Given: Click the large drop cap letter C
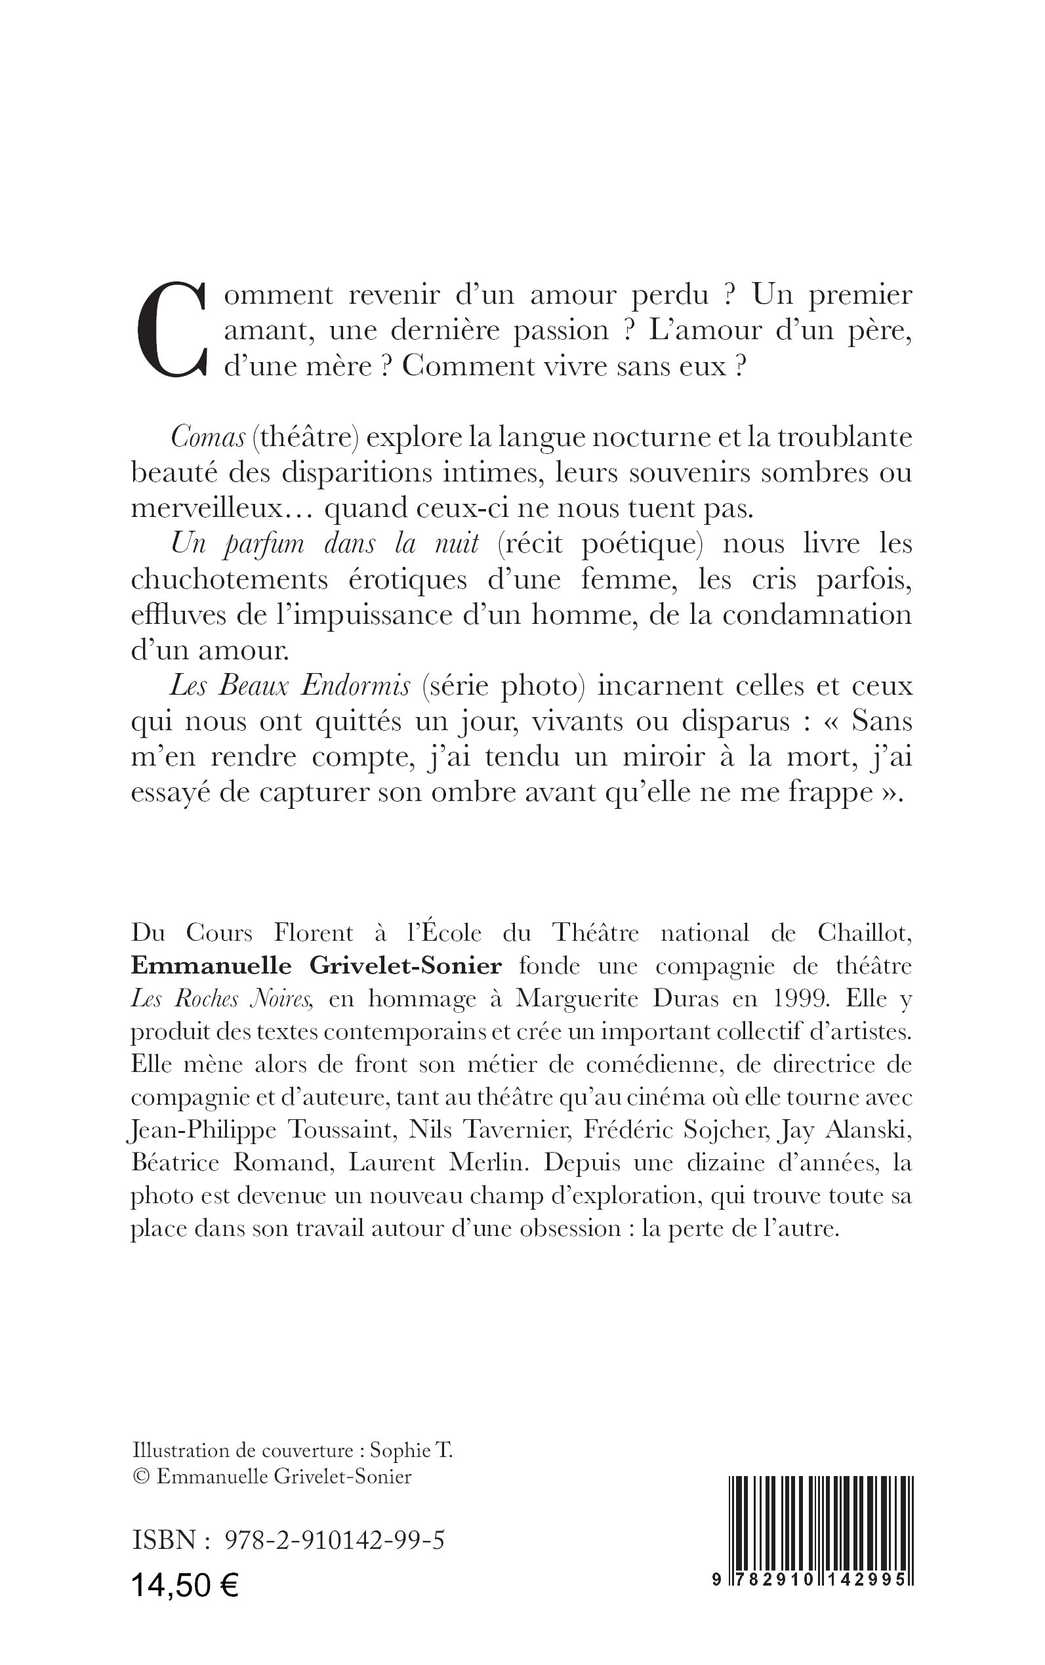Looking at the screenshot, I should [x=169, y=330].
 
